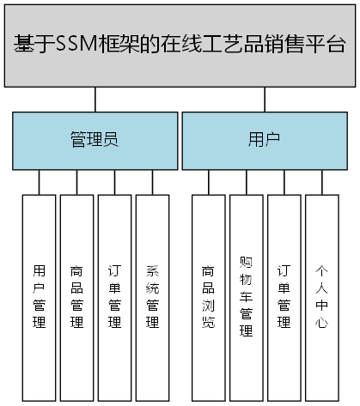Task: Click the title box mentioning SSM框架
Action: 180,45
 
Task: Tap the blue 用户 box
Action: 264,139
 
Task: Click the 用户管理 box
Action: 39,296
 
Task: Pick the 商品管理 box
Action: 76,296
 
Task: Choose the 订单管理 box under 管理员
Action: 114,296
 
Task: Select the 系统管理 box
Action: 152,296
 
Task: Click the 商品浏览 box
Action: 208,296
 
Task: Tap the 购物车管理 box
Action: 246,296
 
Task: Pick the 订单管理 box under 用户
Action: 284,296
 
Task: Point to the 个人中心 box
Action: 321,296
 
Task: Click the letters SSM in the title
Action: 72,45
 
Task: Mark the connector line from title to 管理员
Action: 95,99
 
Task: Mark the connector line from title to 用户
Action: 265,99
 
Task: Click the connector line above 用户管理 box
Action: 39,181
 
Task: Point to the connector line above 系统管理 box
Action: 152,181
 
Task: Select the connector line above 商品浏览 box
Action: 208,181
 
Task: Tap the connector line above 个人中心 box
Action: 321,181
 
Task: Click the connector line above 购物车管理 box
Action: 246,181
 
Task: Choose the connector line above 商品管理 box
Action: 76,181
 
